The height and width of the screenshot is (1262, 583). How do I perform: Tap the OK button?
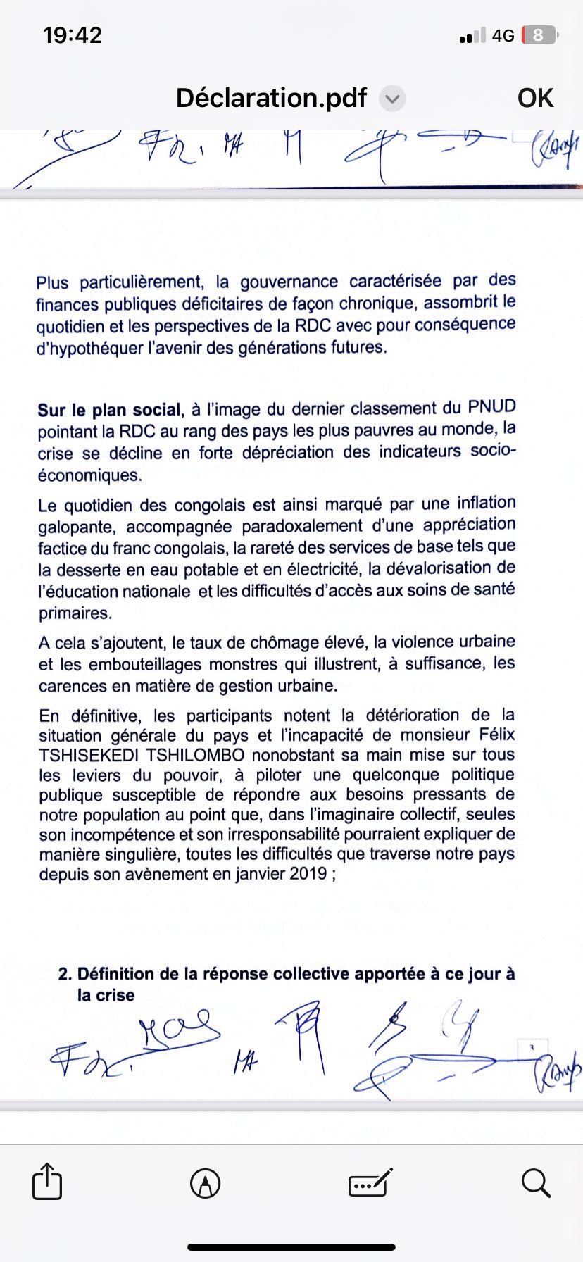point(535,98)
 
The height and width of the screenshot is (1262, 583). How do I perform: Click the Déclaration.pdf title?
point(271,98)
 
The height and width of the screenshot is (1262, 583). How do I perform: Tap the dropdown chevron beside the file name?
point(392,99)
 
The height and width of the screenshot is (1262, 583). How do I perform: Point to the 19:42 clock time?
point(73,35)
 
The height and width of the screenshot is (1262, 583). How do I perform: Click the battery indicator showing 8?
point(539,35)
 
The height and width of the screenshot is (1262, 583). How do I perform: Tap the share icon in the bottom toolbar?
point(47,1181)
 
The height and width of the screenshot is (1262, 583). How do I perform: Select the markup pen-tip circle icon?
point(205,1183)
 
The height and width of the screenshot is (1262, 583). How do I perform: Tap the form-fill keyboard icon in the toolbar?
point(370,1183)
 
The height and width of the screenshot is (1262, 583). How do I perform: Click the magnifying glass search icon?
point(536,1183)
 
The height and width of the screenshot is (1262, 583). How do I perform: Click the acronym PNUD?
point(491,407)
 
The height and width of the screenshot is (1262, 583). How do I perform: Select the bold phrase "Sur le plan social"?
point(109,411)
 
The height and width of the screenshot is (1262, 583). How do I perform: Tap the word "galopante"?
point(77,527)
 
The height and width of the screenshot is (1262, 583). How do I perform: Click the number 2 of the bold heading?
point(64,974)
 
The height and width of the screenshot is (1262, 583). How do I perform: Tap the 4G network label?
point(503,35)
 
